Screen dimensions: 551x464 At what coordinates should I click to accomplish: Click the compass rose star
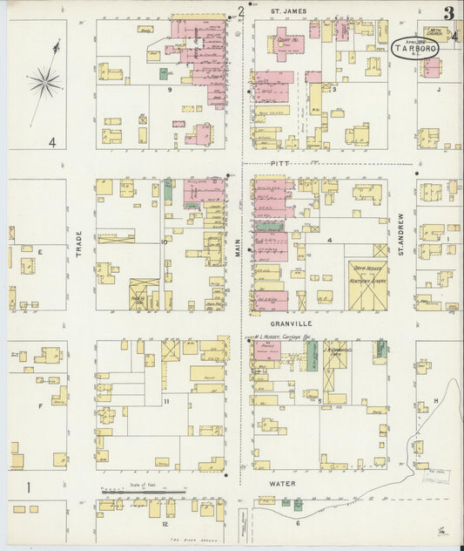point(44,84)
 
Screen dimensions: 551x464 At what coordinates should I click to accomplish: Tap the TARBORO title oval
point(415,47)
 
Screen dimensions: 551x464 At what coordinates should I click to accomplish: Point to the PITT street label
point(279,163)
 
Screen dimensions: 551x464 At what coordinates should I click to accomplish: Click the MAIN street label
point(236,254)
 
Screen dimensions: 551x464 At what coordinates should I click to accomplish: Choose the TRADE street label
point(78,243)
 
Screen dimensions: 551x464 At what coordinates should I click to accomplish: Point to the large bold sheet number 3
point(447,12)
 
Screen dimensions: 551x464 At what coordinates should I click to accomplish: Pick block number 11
point(165,402)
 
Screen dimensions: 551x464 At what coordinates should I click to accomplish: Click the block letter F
point(40,405)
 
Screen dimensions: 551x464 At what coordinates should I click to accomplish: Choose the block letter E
point(40,250)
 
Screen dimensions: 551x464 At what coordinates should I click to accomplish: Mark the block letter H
point(435,400)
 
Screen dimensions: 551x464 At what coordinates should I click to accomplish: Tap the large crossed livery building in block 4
point(368,285)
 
